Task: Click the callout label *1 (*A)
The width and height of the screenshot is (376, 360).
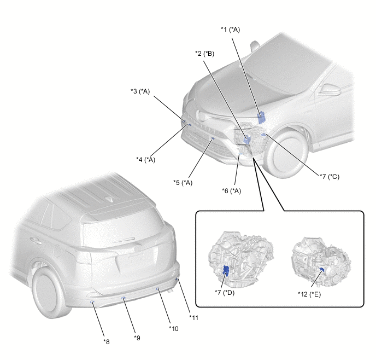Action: (230, 30)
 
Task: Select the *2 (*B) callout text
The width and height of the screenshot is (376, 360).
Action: (204, 54)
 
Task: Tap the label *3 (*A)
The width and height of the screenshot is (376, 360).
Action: (140, 91)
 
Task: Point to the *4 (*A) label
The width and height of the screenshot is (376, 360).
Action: (145, 160)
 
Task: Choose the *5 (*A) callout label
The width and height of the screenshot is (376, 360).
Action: (183, 183)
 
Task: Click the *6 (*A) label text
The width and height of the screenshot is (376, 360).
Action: (231, 191)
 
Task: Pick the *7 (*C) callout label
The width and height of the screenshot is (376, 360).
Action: (330, 177)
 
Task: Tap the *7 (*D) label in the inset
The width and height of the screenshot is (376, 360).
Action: (225, 293)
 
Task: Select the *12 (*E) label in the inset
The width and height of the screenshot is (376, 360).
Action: (309, 294)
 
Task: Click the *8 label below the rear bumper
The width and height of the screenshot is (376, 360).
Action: (107, 342)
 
